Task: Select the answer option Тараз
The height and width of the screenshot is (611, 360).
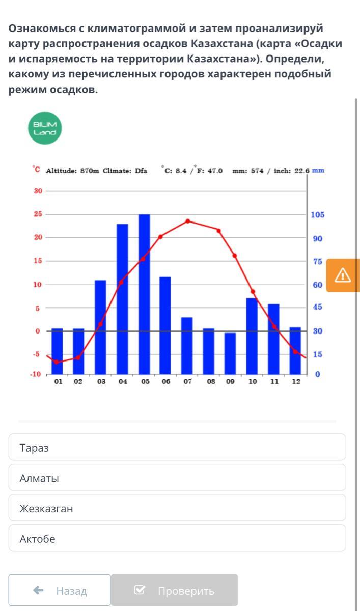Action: point(177,448)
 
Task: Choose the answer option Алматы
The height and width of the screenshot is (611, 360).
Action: point(177,478)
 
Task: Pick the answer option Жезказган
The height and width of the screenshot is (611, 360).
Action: point(177,508)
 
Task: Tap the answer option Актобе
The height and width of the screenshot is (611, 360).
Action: point(177,538)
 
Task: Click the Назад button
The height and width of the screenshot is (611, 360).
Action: point(60,590)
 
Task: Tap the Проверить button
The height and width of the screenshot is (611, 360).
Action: point(174,590)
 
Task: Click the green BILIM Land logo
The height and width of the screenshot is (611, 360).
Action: point(45,128)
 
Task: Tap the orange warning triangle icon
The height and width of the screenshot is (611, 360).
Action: point(343,275)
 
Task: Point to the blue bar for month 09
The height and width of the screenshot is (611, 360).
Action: point(230,353)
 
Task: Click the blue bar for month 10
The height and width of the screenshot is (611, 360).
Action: point(252,336)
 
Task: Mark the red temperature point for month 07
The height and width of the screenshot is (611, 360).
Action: point(188,221)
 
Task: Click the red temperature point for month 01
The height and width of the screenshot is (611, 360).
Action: point(57,362)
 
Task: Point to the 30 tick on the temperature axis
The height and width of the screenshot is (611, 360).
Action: point(37,191)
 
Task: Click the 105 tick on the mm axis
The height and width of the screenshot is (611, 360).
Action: point(317,215)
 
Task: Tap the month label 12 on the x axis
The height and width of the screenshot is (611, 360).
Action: point(296,381)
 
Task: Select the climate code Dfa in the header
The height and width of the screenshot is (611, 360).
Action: point(141,171)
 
